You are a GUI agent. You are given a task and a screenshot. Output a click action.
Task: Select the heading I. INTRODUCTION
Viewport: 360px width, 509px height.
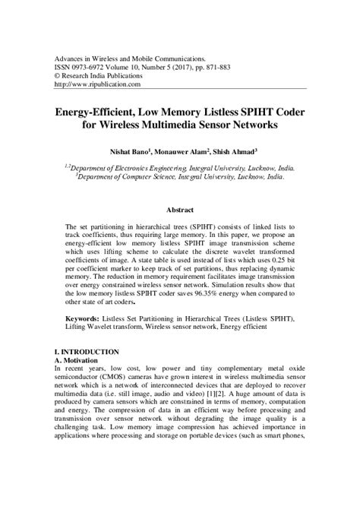click(87, 352)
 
